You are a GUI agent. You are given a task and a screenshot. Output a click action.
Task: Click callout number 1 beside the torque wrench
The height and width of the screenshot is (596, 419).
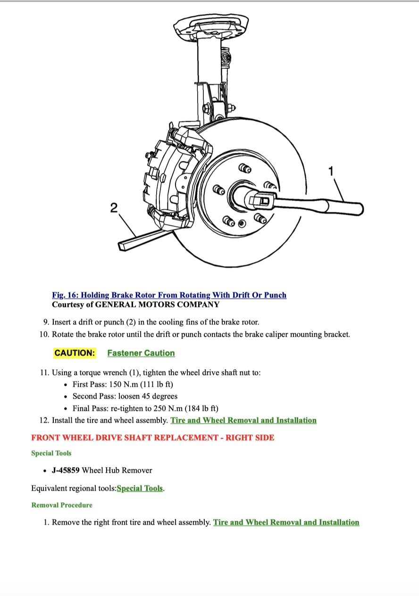tap(331, 170)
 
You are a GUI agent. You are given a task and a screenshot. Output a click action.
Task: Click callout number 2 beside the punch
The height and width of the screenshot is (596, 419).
tap(114, 207)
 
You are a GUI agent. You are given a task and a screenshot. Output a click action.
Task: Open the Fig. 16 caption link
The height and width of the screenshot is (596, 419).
tap(169, 295)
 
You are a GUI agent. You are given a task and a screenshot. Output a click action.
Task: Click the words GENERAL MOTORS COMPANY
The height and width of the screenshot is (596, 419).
tap(157, 305)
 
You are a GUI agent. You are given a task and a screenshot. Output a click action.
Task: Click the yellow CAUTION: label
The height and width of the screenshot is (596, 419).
tap(75, 353)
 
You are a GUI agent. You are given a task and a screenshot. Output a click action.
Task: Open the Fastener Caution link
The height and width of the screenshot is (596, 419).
tap(141, 353)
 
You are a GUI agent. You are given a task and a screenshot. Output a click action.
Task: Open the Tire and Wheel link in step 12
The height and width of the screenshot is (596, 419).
tap(243, 420)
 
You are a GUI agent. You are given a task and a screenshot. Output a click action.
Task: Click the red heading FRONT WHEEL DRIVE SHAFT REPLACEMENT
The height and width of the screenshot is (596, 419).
tap(152, 437)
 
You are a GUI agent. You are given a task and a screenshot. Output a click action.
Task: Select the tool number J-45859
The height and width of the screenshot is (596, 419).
tap(66, 470)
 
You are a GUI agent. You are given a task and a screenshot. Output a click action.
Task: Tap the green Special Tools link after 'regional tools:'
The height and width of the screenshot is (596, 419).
tap(140, 488)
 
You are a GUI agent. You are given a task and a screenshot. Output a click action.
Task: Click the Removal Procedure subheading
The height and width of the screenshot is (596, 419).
tap(62, 505)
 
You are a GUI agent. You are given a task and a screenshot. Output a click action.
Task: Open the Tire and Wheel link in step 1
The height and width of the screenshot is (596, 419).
tap(286, 522)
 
